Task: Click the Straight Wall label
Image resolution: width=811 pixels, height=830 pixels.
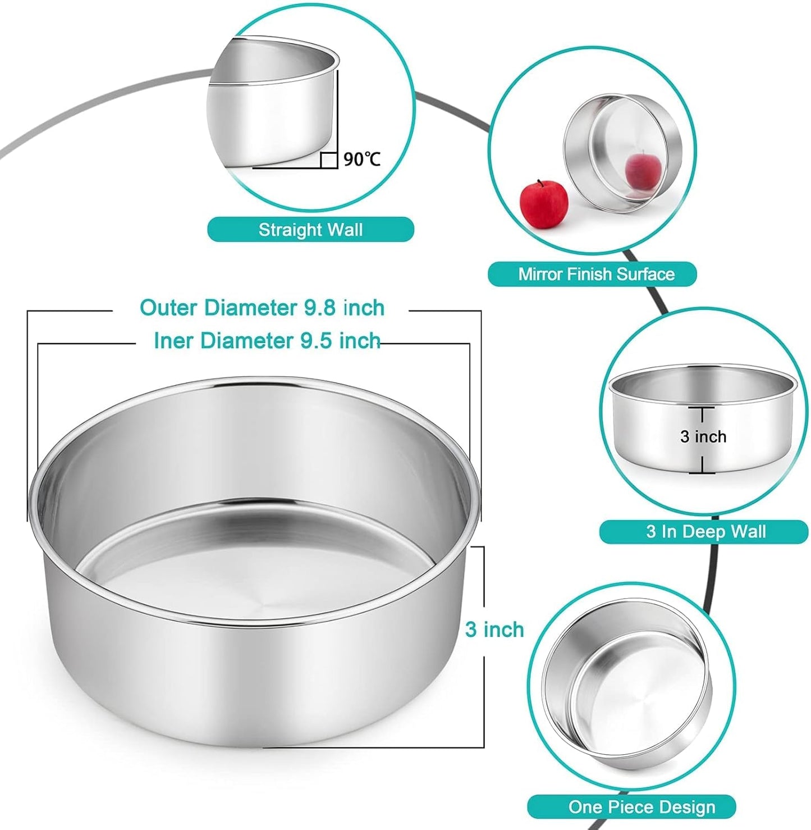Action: coord(310,230)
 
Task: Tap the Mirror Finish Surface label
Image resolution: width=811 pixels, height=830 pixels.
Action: coord(595,274)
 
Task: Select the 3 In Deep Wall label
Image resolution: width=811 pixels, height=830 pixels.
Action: coord(705,531)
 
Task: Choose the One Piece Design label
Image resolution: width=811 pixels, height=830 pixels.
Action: coord(642,807)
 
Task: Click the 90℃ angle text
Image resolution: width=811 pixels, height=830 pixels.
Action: coord(362,159)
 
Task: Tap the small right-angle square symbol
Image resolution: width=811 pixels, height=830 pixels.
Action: coord(329,160)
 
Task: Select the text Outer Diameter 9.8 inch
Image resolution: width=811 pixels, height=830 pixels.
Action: coord(262,308)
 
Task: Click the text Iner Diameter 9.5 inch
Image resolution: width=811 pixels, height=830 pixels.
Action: coord(267,340)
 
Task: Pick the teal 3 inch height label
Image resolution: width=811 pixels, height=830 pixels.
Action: coord(494,630)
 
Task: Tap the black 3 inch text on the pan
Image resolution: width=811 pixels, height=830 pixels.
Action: coord(703,436)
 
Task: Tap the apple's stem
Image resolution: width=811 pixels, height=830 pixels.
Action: coord(540,183)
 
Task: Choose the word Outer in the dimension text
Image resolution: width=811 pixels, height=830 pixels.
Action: coord(169,308)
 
